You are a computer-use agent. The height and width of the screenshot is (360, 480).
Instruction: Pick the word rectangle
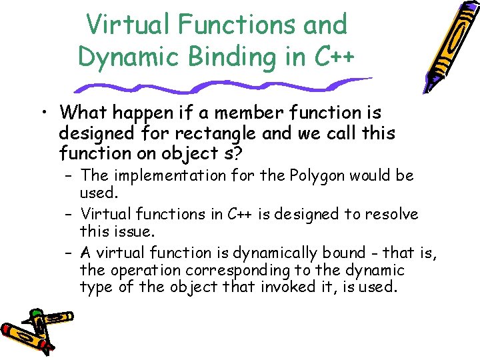(218, 133)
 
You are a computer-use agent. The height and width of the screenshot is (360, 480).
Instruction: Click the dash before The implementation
(69, 177)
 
